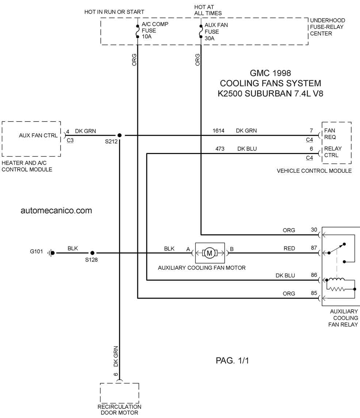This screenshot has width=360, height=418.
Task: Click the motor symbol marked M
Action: point(210,253)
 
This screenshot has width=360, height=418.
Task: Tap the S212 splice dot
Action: point(119,135)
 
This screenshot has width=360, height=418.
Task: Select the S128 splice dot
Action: point(92,253)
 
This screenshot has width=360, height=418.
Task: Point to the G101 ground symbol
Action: point(51,253)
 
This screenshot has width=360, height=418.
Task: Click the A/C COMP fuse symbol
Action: point(138,31)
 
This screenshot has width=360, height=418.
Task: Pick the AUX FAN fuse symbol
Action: point(201,31)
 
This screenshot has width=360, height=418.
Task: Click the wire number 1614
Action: point(218,131)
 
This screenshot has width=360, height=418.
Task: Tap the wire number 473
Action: point(220,149)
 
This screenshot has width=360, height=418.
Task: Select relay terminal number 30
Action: point(314,230)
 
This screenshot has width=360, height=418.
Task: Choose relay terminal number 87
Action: point(314,248)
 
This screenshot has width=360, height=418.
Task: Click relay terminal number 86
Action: point(314,275)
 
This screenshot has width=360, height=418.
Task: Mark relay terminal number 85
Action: point(314,293)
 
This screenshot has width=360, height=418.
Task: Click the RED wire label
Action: point(289,249)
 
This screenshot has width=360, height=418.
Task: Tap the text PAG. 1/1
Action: point(232,360)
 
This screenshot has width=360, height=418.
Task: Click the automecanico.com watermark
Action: point(56,210)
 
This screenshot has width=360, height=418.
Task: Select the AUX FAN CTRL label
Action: point(38,135)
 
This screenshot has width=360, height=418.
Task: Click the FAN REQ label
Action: point(330,134)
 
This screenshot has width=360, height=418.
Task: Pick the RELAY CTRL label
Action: point(333,152)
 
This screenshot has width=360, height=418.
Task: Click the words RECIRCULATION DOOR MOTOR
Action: point(119,410)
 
